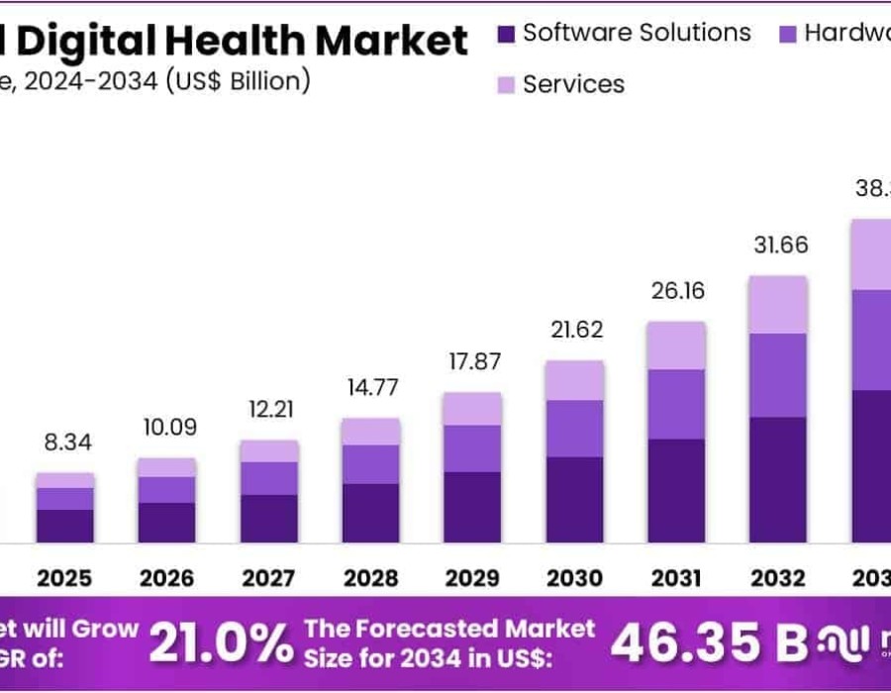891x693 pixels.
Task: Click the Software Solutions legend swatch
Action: pos(506,34)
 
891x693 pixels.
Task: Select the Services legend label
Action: pos(573,84)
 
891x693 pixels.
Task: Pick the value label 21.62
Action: pos(574,330)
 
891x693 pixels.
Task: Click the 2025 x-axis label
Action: pos(64,577)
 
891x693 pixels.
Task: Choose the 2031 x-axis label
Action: pos(676,577)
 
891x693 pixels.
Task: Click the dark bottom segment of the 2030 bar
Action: pos(574,500)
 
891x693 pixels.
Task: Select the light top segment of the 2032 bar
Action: pos(778,304)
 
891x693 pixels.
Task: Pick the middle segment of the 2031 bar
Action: pos(676,404)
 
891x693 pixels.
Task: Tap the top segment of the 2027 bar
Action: pos(268,450)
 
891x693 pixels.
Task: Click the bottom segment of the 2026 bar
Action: pos(166,523)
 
